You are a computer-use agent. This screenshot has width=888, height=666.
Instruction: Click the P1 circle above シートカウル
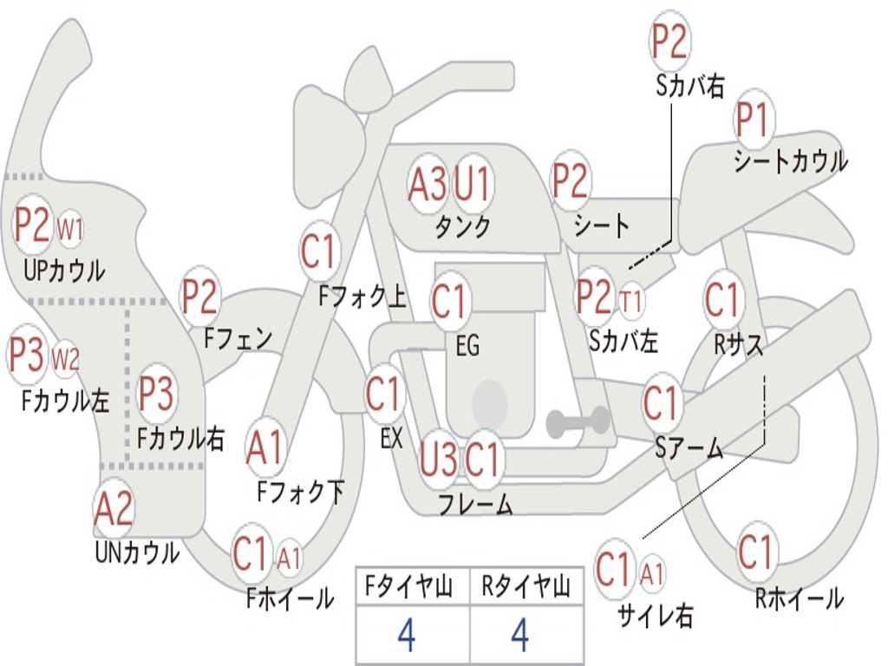coord(753,121)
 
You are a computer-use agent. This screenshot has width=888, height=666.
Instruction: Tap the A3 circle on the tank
coord(428,183)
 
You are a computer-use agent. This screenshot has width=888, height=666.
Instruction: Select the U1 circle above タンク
coord(473,183)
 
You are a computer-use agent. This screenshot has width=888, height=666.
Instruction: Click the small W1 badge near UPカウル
coord(70,230)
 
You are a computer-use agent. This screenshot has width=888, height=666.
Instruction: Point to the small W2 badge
coord(65,357)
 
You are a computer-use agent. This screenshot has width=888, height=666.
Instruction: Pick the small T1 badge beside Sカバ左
coord(631,301)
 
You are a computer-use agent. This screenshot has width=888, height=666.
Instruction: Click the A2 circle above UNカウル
coord(114,509)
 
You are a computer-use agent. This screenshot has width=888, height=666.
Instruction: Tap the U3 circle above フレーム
coord(438,459)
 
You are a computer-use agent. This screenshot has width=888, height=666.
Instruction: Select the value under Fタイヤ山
coord(406,636)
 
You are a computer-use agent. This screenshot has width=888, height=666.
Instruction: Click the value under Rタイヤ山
coord(519,636)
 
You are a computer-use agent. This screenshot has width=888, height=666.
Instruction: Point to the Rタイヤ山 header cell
coord(526,588)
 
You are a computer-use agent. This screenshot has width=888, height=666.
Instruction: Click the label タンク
coord(463,226)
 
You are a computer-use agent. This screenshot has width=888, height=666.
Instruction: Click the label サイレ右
coord(656,616)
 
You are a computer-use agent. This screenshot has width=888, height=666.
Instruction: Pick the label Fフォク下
coord(300,493)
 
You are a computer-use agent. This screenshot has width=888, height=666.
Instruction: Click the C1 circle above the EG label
coord(449,301)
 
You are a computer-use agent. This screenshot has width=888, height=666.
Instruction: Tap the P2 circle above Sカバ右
coord(669,41)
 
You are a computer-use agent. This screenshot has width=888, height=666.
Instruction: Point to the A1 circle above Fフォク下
coord(264,447)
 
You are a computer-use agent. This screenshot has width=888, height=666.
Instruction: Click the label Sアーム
coord(689,447)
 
